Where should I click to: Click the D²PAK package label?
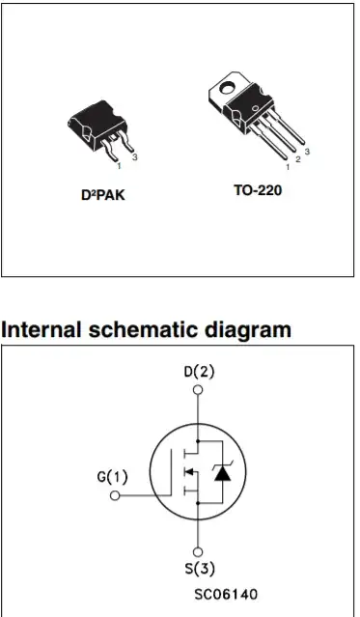(x=102, y=195)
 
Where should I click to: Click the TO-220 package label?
(x=258, y=190)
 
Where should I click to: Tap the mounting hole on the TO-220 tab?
(x=227, y=88)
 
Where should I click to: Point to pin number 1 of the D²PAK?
(x=120, y=166)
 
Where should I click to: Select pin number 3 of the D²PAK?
(x=134, y=157)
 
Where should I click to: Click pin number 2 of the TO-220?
(x=298, y=159)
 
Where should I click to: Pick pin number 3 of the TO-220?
(x=307, y=152)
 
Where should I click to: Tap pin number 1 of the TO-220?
(x=288, y=167)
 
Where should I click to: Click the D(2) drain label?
(x=199, y=372)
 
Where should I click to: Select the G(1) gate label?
(x=113, y=477)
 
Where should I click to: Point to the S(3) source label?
(x=200, y=569)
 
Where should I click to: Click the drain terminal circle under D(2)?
(x=198, y=390)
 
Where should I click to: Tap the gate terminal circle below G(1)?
(x=115, y=495)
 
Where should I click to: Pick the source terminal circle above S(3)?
(x=198, y=552)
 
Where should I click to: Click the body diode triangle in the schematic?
(x=222, y=473)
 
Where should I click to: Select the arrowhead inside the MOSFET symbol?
(x=189, y=471)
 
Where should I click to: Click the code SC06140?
(x=226, y=594)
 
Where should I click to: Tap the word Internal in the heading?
(x=41, y=329)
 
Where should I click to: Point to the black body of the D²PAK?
(x=96, y=126)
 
